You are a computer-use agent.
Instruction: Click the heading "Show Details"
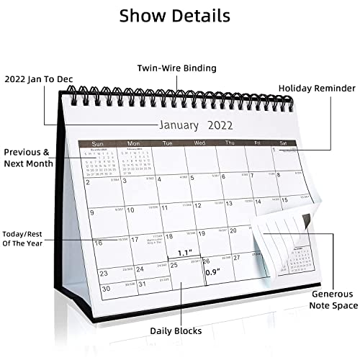[175, 16]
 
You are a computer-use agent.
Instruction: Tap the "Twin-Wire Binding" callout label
[176, 68]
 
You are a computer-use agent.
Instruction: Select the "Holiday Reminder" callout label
[316, 88]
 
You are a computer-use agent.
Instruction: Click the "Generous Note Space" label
[333, 300]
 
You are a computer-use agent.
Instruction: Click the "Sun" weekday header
[96, 142]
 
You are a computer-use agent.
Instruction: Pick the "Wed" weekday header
[199, 143]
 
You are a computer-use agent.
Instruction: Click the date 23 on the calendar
[104, 274]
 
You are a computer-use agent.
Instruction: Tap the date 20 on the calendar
[233, 230]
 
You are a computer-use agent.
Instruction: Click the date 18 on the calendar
[169, 235]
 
